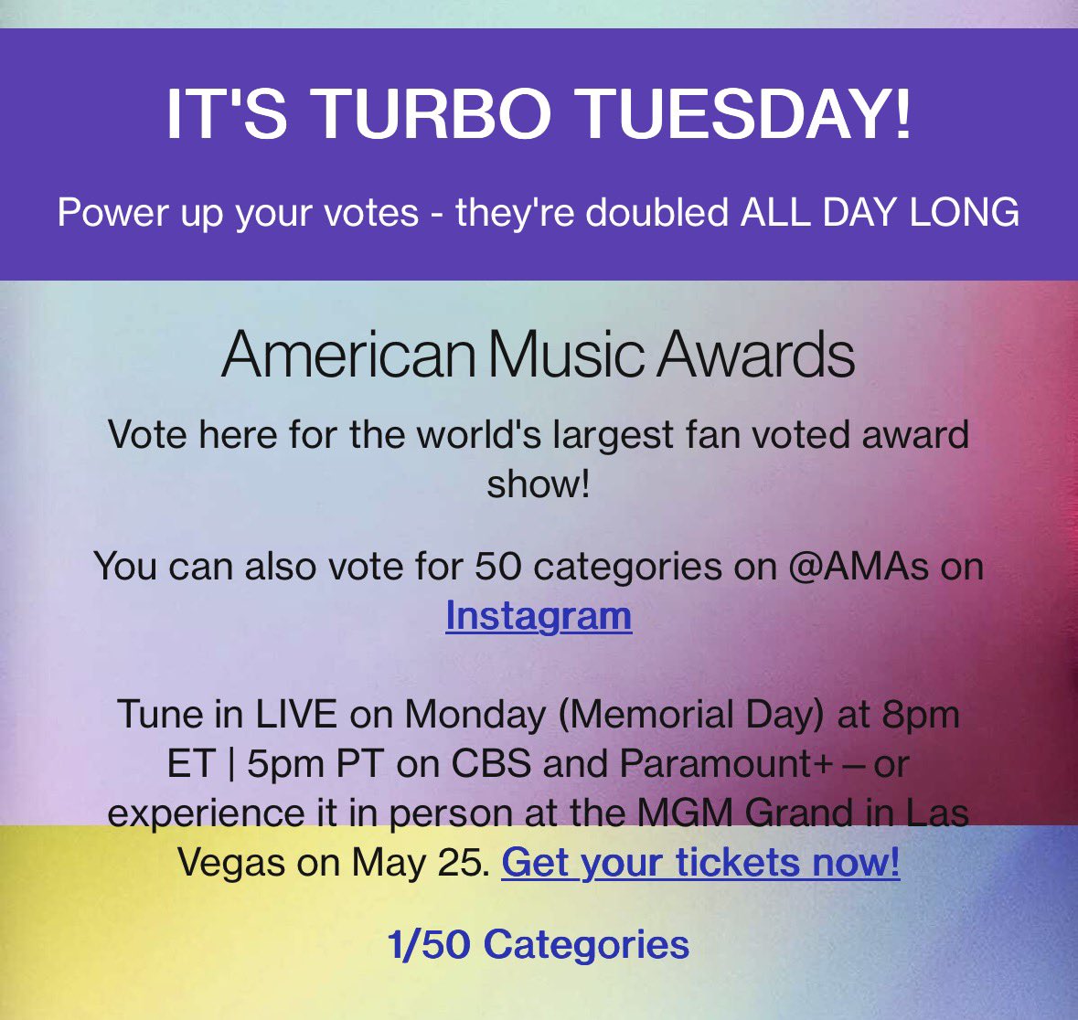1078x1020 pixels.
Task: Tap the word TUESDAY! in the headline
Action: pos(746,114)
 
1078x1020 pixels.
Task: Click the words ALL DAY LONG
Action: pos(880,213)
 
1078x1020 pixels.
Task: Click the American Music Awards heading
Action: pos(538,356)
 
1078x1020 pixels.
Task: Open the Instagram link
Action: pos(539,615)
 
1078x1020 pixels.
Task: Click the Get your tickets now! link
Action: pos(700,862)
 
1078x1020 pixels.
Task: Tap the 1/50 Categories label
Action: pos(538,943)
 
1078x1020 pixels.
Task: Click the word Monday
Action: pos(474,714)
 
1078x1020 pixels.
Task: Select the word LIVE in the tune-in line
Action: pos(296,714)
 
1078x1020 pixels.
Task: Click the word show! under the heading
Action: pos(538,483)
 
